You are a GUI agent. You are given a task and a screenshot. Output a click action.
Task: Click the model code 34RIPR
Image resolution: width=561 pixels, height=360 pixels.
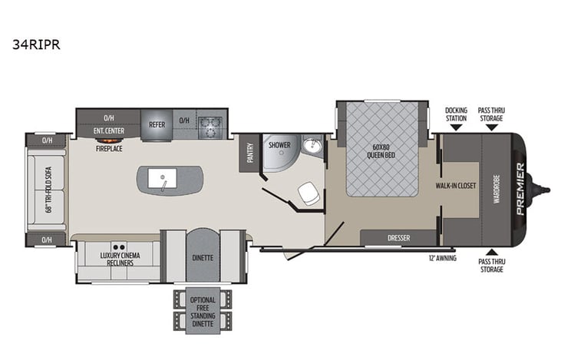pos(36,45)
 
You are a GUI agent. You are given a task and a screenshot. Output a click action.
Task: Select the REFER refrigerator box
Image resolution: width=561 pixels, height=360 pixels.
pos(157,124)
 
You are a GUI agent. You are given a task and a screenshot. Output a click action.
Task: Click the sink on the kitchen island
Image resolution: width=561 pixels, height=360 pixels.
pos(164,179)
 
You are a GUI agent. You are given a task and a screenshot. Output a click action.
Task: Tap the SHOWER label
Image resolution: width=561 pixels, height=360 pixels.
pos(278,144)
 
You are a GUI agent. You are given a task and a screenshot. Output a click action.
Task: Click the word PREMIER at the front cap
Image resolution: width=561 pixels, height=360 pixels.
pos(520,188)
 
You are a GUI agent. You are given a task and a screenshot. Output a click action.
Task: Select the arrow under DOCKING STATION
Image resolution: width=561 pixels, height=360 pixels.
pos(456,127)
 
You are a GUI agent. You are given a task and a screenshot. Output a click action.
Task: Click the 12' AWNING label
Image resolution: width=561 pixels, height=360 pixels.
pos(442,259)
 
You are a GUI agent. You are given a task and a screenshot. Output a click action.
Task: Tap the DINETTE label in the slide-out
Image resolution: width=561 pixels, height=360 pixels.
pos(203,257)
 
